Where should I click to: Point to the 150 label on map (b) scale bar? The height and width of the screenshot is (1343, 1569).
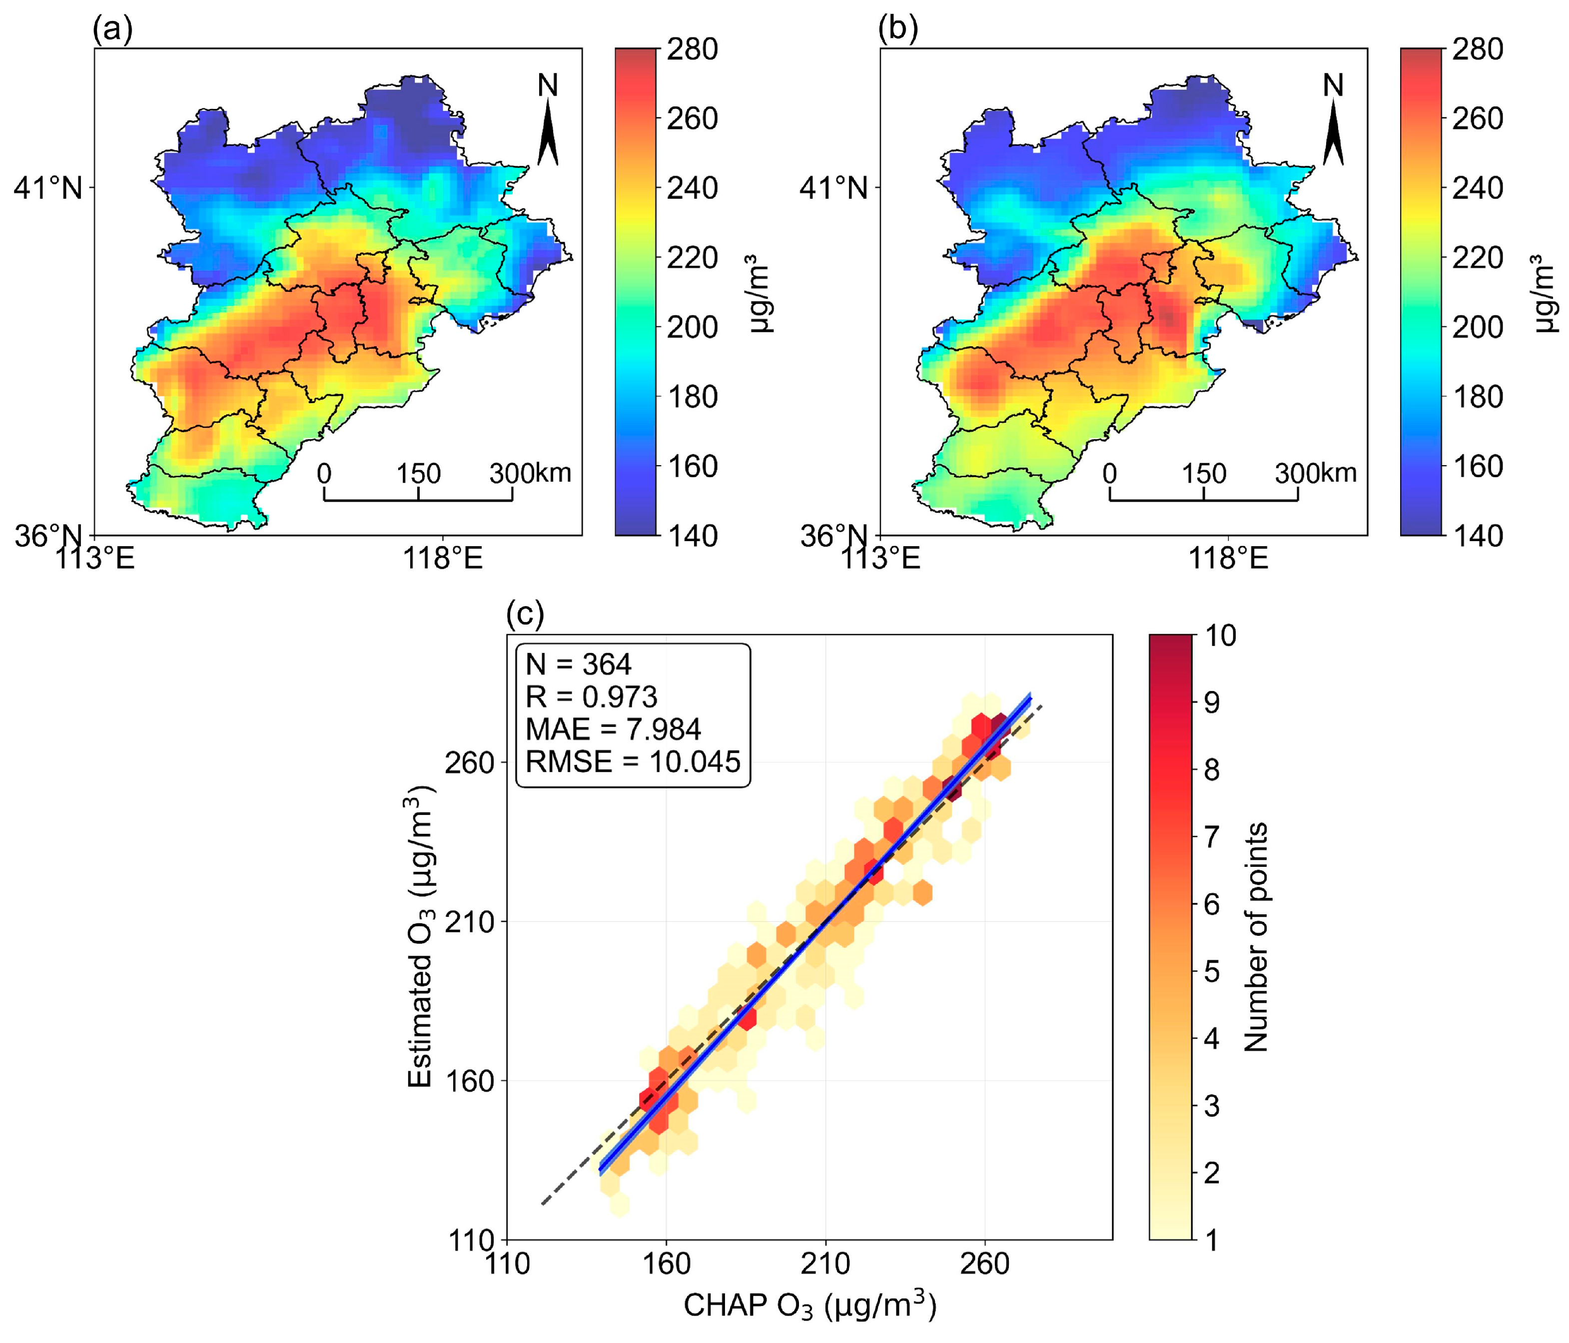[1204, 474]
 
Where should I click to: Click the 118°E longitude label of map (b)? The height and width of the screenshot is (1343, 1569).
[1228, 559]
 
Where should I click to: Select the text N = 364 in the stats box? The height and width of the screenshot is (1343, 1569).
[579, 665]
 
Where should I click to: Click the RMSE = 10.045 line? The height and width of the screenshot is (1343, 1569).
[632, 761]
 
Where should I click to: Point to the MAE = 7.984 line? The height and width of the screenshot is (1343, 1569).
[614, 729]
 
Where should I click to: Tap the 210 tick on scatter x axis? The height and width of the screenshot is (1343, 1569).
[824, 1264]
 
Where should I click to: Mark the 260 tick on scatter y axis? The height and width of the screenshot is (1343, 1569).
[469, 762]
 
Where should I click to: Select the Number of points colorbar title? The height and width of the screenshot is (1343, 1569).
[1256, 937]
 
